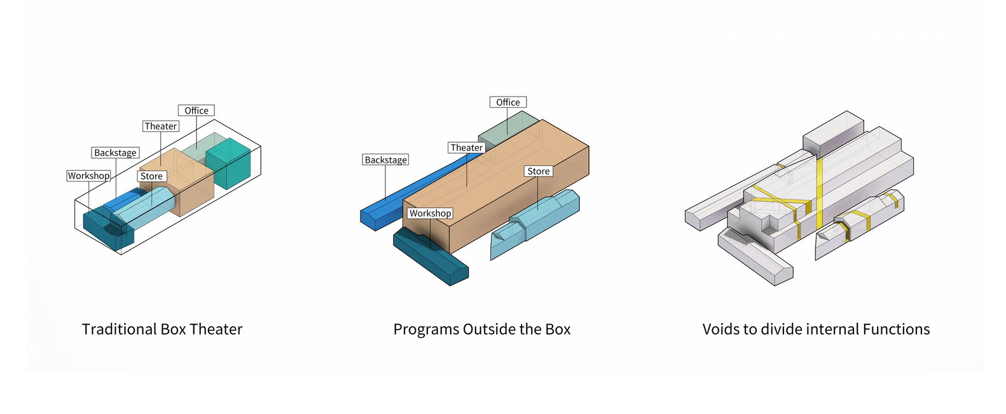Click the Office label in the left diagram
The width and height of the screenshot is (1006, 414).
point(196,110)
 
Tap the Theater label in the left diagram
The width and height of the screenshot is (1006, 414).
point(160,126)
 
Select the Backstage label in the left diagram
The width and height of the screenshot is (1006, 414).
point(115,152)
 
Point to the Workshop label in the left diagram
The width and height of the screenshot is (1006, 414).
point(88,176)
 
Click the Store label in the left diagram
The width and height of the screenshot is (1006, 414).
point(151,177)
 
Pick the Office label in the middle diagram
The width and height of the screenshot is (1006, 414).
point(507,102)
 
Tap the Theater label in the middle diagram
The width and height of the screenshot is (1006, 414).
point(467,148)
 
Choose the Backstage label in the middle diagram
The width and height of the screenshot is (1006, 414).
point(385,160)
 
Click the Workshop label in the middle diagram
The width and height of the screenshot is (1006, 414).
point(430,213)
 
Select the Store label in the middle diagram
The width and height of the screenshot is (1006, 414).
point(538,171)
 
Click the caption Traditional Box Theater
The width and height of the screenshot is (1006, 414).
point(162,329)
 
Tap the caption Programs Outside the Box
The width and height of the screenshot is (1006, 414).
point(482,329)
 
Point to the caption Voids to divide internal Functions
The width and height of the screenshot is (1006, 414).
point(816,329)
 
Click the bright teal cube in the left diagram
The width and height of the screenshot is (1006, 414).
point(229,163)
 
